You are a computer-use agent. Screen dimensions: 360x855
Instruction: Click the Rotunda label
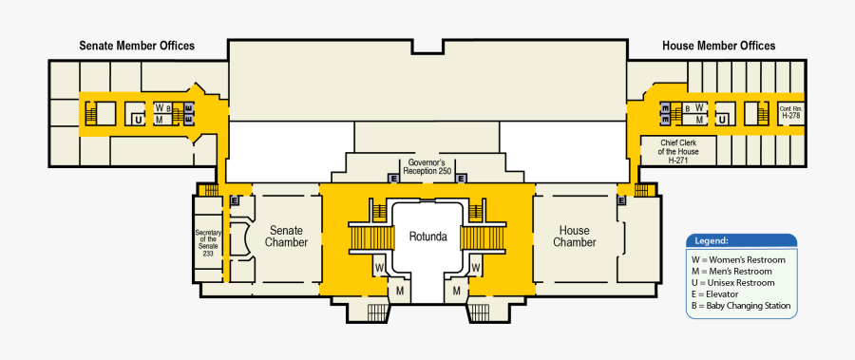pyautogui.click(x=427, y=236)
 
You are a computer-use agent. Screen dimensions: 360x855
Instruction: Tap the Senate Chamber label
pyautogui.click(x=286, y=236)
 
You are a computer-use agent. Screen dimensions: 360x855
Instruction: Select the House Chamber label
pyautogui.click(x=574, y=236)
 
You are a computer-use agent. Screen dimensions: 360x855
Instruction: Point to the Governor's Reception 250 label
pyautogui.click(x=427, y=167)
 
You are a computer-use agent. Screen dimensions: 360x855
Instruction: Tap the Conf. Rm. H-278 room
pyautogui.click(x=790, y=112)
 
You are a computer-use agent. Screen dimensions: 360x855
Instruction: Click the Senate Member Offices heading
pyautogui.click(x=137, y=46)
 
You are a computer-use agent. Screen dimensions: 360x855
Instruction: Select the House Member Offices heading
pyautogui.click(x=718, y=46)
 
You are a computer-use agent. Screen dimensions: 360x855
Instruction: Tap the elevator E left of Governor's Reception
pyautogui.click(x=393, y=178)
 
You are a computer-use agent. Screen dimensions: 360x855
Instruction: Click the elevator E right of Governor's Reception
pyautogui.click(x=461, y=178)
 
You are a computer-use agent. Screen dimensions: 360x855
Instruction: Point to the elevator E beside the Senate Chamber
pyautogui.click(x=234, y=200)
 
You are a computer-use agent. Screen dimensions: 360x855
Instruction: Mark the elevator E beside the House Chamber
pyautogui.click(x=621, y=200)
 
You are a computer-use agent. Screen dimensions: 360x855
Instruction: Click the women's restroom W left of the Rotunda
pyautogui.click(x=379, y=268)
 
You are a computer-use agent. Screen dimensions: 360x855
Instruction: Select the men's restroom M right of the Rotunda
pyautogui.click(x=457, y=290)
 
